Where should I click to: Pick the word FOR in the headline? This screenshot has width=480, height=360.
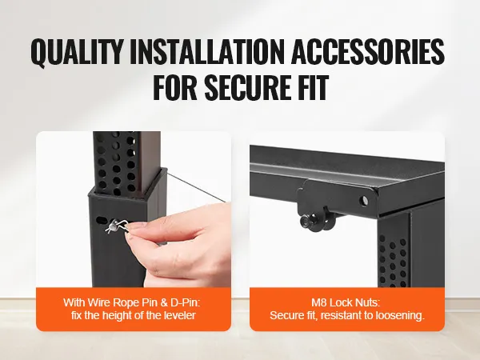174,86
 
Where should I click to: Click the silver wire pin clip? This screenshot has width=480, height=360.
117,226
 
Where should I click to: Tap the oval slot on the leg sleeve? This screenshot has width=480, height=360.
101,220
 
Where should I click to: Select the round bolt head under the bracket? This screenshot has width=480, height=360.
306,221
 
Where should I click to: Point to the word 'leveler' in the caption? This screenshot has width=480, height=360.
180,315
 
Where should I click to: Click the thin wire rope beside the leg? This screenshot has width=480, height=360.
196,187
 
